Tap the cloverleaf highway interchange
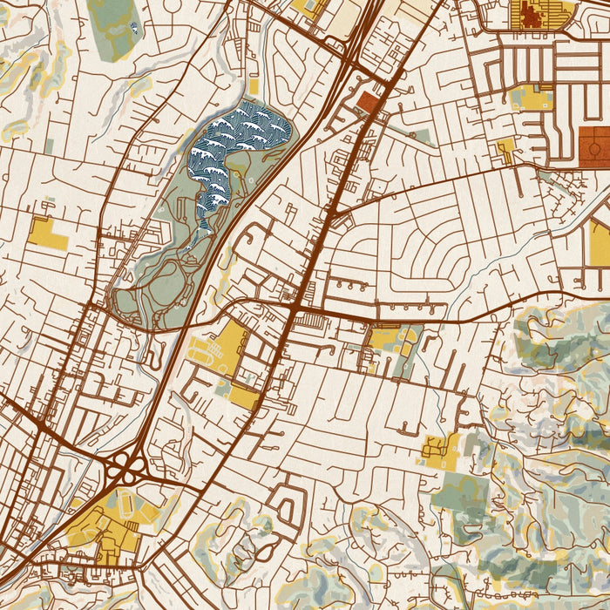tap(127, 471)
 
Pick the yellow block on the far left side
tap(47, 233)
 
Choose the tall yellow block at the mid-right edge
tap(600, 242)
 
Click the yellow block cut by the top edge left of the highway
tap(309, 9)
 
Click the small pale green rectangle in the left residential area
tap(50, 146)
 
